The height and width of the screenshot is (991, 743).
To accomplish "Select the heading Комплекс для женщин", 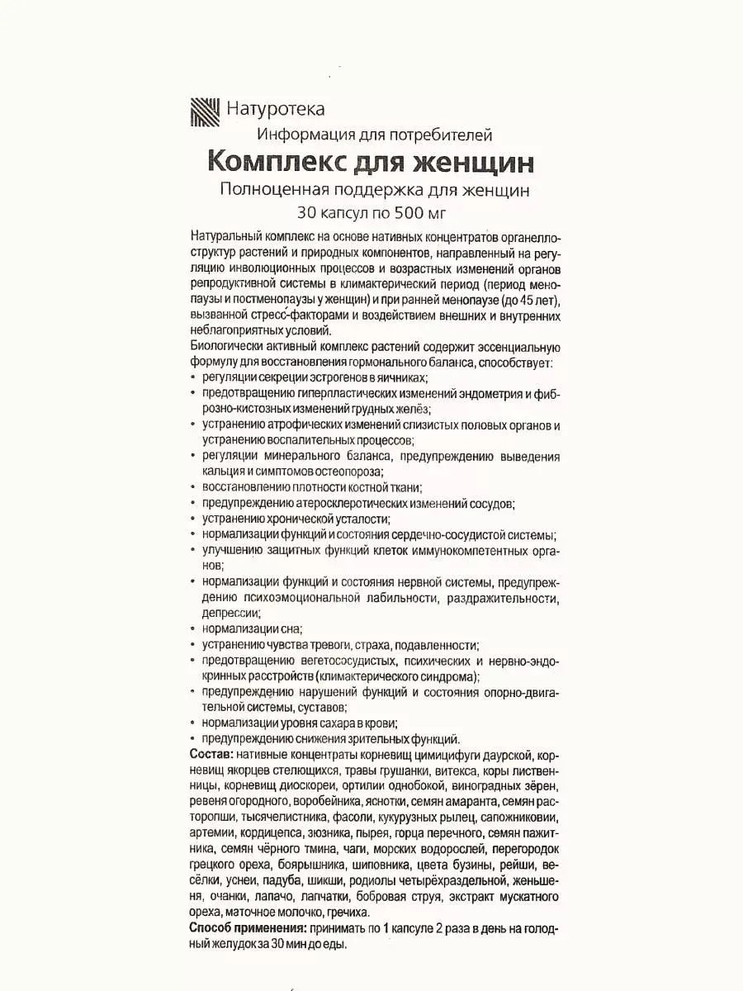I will [x=374, y=159].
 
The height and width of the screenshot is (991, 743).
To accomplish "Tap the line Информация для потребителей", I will [x=374, y=134].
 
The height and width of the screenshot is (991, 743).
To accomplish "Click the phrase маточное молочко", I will [x=282, y=913].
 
